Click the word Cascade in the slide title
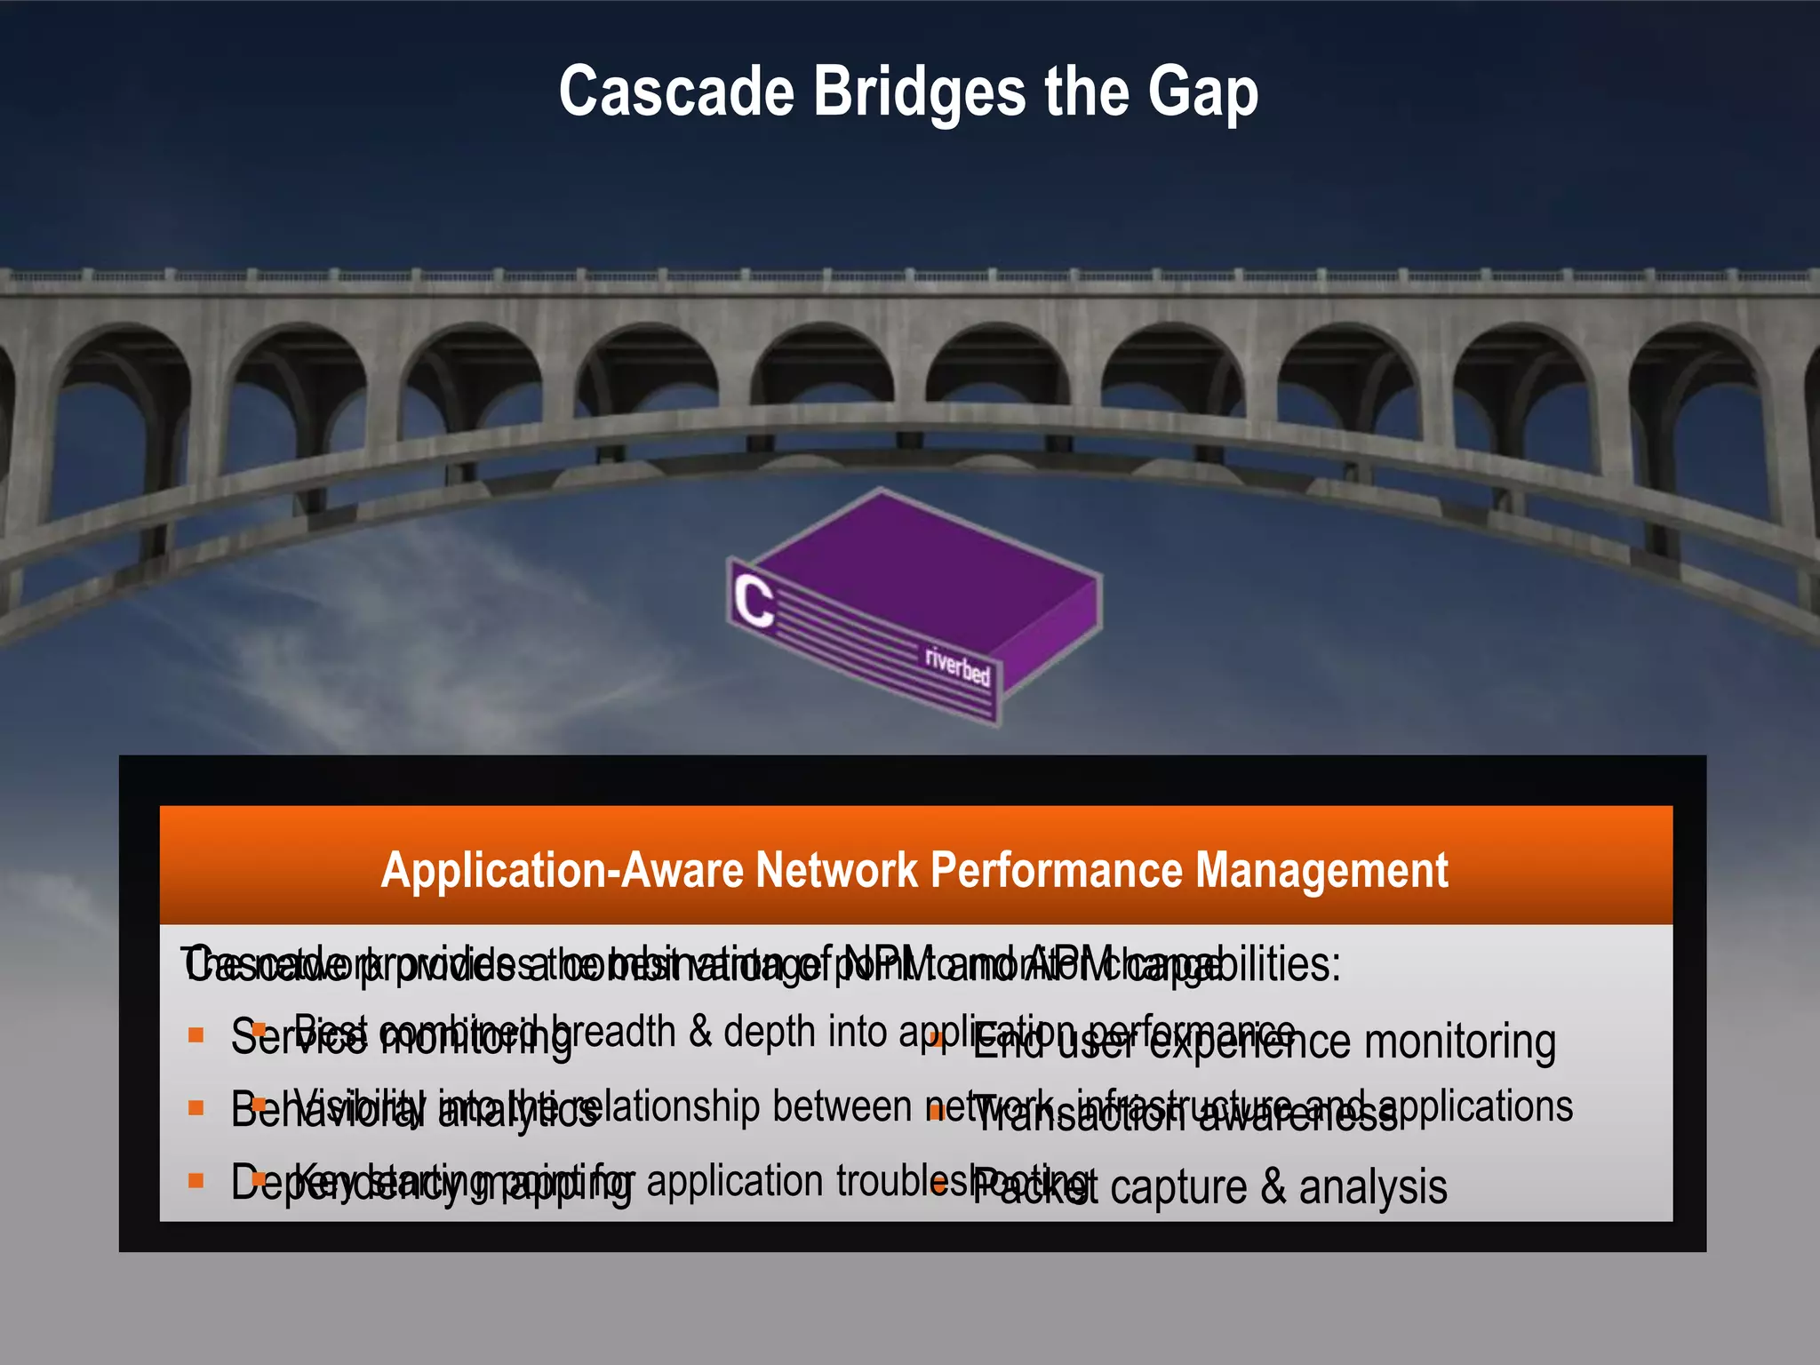tap(675, 92)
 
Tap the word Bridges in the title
tap(920, 92)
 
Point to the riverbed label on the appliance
tap(957, 664)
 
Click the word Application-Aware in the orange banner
tap(562, 870)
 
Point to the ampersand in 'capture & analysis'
tap(1273, 1187)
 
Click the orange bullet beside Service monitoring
tap(196, 1035)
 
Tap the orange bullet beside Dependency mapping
tap(196, 1181)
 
